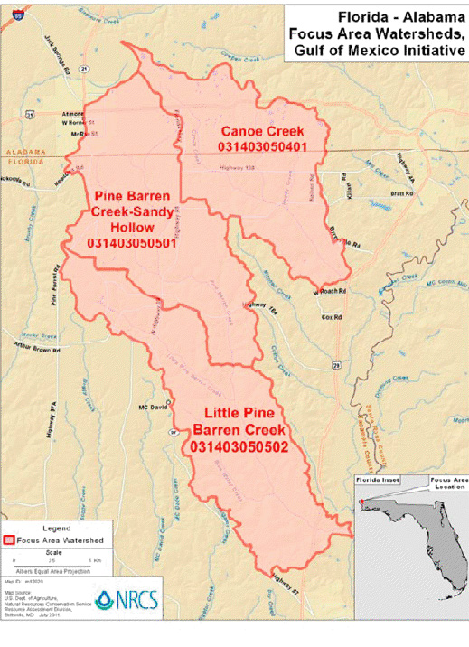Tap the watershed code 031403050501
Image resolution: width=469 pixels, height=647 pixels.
(131, 244)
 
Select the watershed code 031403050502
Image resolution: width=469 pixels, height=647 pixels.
(239, 446)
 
